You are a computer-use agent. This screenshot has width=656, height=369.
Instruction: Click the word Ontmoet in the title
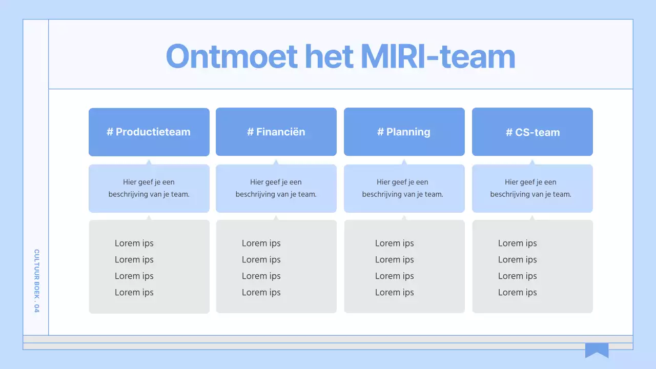(x=232, y=56)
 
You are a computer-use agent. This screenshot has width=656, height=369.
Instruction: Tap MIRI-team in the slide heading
(x=438, y=56)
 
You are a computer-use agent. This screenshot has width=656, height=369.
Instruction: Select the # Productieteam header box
(x=149, y=132)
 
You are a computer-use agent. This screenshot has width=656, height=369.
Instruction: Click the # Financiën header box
(x=276, y=132)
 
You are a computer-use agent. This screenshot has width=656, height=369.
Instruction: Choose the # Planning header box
(x=404, y=132)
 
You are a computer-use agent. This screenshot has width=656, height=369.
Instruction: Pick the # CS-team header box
(x=532, y=132)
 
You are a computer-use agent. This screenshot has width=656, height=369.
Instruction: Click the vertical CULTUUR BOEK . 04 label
(x=36, y=281)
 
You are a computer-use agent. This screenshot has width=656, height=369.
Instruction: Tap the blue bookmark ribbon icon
(x=597, y=350)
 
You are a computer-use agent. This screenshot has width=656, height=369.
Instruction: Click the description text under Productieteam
(x=149, y=188)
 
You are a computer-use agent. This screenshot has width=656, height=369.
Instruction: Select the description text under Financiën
(x=276, y=188)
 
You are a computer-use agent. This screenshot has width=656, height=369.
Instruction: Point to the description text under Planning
(x=403, y=188)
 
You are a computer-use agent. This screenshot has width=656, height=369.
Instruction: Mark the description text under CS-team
(x=530, y=188)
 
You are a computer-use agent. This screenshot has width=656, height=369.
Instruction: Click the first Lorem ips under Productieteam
(x=134, y=243)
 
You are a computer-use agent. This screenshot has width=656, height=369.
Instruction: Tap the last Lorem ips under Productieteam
(x=134, y=293)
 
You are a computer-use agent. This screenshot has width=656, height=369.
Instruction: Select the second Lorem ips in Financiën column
(x=261, y=260)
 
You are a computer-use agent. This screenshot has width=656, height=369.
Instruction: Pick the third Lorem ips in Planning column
(x=395, y=276)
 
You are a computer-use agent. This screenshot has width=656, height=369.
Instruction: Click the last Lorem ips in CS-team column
(x=518, y=293)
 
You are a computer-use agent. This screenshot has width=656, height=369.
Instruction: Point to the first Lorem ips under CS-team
(x=518, y=243)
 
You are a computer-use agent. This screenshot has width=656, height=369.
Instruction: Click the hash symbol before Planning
(x=380, y=132)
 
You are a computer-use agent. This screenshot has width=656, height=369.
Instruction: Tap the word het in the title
(x=329, y=56)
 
